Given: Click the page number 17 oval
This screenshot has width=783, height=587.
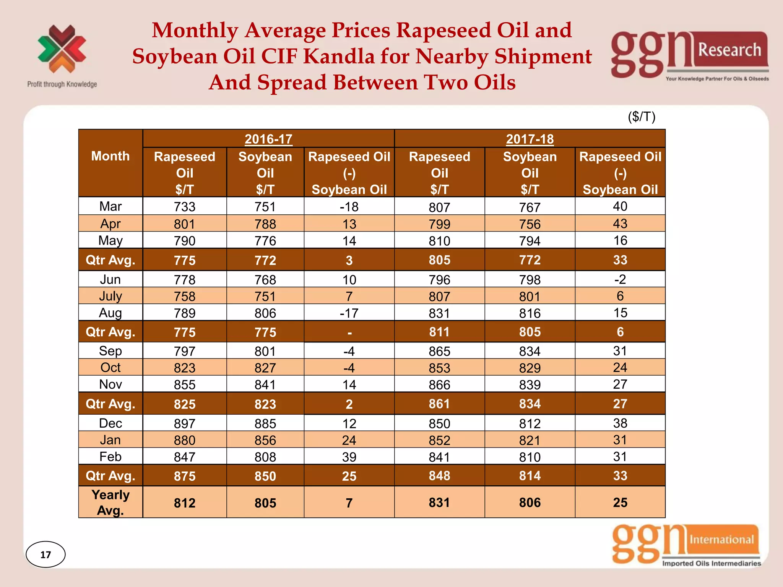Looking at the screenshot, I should pos(45,554).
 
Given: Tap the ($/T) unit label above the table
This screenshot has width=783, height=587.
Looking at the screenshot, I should pos(642,117).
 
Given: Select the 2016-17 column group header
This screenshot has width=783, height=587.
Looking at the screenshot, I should pos(268,139).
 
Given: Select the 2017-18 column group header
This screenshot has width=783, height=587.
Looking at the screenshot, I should pos(530,139).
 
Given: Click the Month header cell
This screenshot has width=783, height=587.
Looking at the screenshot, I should pos(110,156).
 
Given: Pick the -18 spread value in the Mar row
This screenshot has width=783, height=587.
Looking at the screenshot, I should pos(349,207).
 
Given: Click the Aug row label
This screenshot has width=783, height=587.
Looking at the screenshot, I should pos(110,313).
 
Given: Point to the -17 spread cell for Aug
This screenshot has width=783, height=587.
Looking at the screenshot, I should pos(349,313).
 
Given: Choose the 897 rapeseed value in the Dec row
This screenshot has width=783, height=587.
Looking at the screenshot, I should pos(185,423).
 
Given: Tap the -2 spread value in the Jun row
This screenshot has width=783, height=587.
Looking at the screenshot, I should pos(620,279).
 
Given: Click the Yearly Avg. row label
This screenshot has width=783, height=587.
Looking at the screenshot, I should pos(110,502).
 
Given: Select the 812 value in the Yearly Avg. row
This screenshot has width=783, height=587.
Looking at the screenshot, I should pos(185,503).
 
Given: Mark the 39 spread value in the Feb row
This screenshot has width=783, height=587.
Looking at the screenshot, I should pos(349,457).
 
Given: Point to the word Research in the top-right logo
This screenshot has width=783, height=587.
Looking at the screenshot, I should pos(729,50).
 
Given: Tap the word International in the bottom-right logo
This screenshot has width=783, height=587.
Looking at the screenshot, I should pos(721,539).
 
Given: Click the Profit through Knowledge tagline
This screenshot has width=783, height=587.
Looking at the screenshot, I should pos(62,84).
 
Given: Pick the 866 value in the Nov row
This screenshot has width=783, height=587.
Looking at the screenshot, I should pos(439,384).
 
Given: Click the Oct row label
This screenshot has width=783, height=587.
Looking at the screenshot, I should pos(110,367).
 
